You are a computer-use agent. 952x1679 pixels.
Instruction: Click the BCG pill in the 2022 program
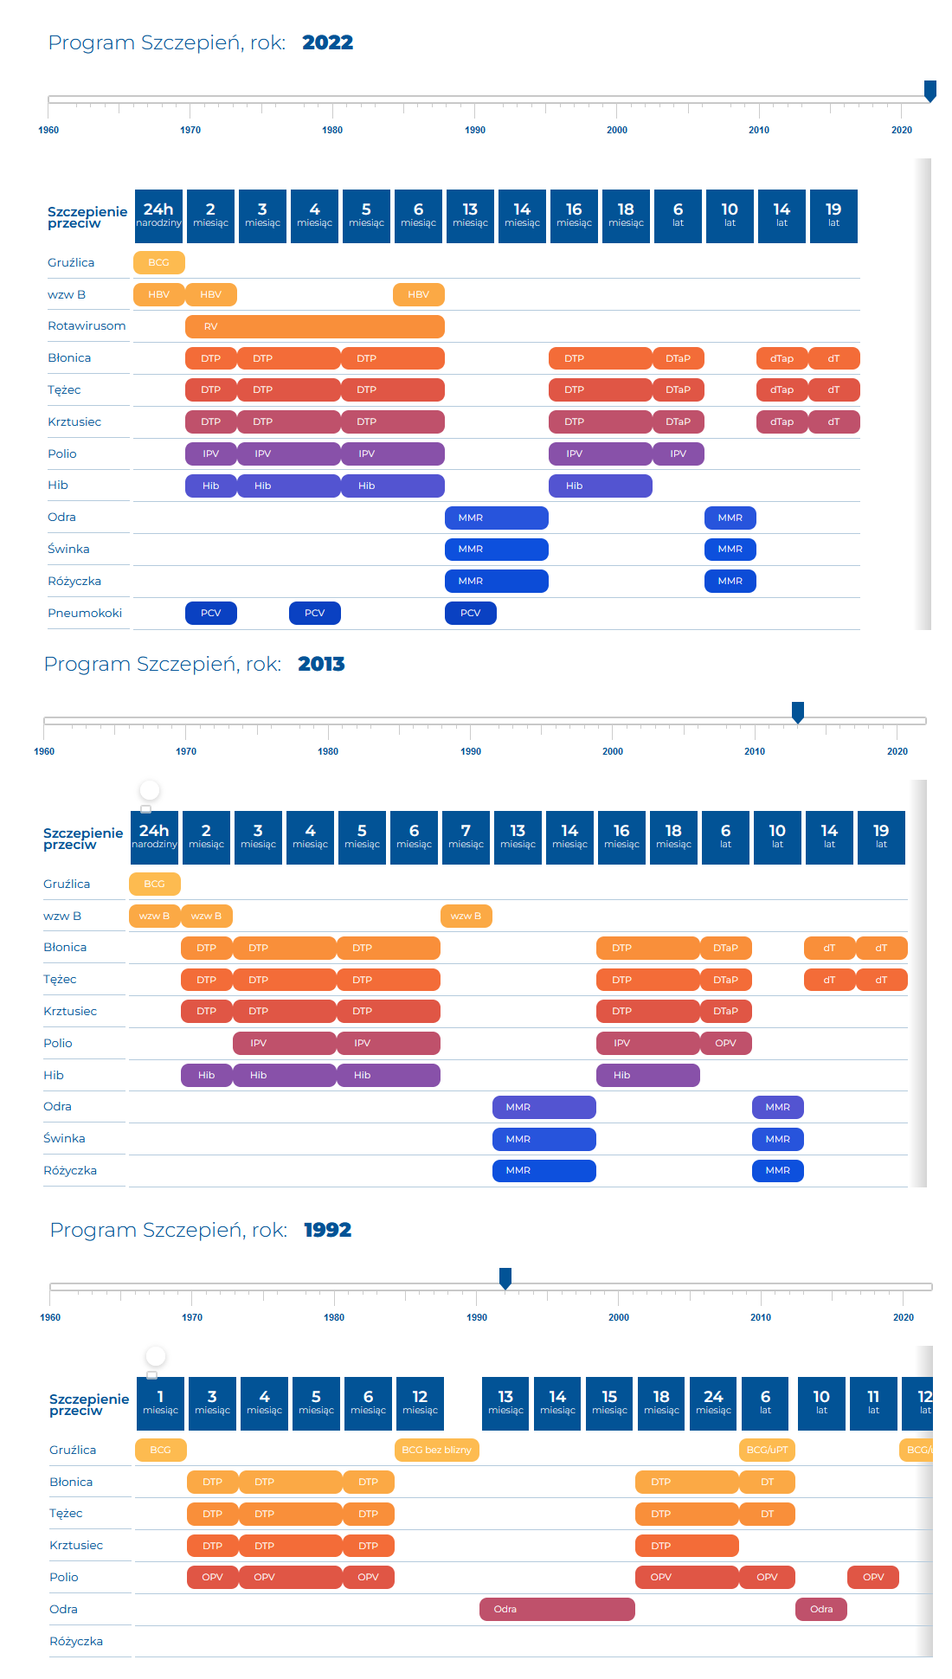tap(158, 262)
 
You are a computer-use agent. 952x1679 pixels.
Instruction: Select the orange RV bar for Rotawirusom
tap(314, 326)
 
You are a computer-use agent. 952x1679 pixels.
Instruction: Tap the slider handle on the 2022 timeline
tap(930, 91)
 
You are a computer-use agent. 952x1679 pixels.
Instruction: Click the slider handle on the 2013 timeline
tap(798, 712)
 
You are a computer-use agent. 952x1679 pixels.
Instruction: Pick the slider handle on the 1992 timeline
tap(505, 1278)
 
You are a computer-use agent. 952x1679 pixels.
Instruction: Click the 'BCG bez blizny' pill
tap(436, 1450)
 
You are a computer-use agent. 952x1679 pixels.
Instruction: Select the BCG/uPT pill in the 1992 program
tap(767, 1450)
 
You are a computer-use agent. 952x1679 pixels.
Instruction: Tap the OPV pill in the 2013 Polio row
tap(725, 1043)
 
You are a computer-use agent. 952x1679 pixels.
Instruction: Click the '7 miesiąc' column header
tap(466, 837)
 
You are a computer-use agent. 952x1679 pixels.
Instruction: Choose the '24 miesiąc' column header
tap(713, 1403)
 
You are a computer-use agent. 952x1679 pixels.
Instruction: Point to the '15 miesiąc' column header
tap(609, 1403)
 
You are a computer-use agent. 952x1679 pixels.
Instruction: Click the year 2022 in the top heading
tap(327, 42)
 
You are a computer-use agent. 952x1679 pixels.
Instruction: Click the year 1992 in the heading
tap(327, 1230)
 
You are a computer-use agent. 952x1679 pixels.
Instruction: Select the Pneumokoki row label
tap(85, 613)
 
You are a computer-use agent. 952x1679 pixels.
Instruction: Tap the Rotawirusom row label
tap(87, 325)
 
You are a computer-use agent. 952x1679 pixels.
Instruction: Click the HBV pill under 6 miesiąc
tap(418, 294)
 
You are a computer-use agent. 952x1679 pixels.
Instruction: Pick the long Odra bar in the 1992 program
tap(556, 1609)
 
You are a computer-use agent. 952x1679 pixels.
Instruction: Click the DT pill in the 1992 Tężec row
tap(767, 1514)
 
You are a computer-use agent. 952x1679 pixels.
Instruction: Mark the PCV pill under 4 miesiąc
tap(314, 613)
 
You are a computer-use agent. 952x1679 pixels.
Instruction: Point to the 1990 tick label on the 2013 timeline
tap(471, 751)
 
